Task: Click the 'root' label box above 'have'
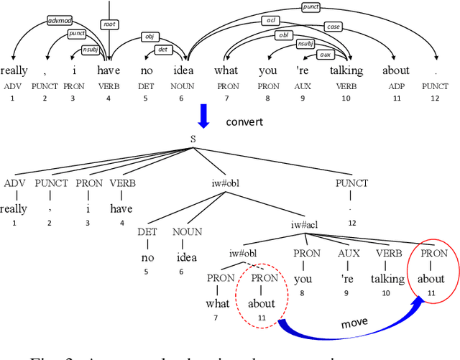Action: tap(109, 24)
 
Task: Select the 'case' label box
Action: tap(333, 26)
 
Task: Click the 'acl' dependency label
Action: tap(272, 21)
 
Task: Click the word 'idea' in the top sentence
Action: tap(181, 70)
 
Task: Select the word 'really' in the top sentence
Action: tap(14, 70)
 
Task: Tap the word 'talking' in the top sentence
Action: tap(346, 71)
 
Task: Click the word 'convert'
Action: tap(245, 121)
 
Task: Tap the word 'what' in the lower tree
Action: tap(218, 303)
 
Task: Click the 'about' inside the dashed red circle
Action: tap(262, 303)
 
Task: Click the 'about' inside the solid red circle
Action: tap(434, 279)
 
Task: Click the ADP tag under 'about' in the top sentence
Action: tap(395, 86)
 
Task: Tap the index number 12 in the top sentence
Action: tap(434, 98)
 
